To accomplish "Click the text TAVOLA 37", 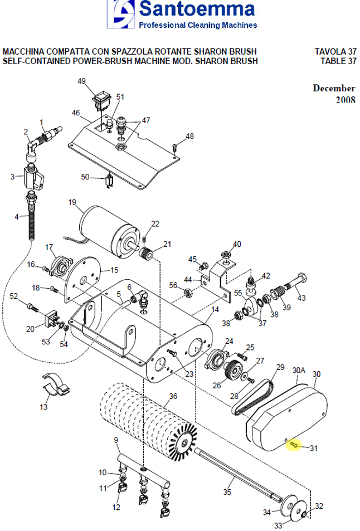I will tap(335, 52).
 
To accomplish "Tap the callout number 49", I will tap(82, 81).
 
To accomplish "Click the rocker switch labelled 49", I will tap(103, 100).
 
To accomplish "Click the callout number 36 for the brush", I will tap(173, 397).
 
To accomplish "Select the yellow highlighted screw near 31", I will tap(296, 446).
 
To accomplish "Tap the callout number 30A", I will tap(299, 370).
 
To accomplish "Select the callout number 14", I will tap(215, 309).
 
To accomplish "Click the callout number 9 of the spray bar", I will tap(116, 440).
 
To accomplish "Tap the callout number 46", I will tap(76, 113).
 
